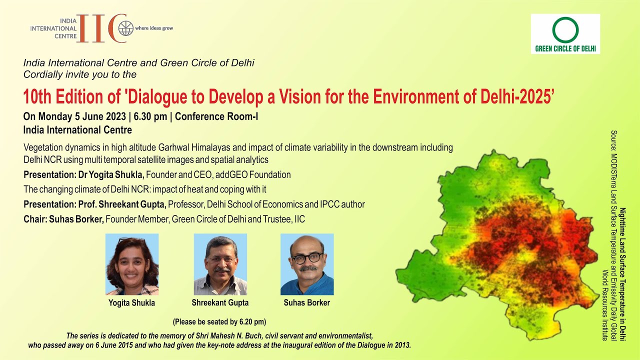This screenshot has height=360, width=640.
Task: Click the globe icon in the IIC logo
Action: coord(126,28)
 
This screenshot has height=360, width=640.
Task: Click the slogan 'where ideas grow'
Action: coord(154,28)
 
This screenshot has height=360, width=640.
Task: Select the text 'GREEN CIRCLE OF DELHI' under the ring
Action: coord(565,48)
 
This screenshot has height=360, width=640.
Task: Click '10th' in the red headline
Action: coord(37,97)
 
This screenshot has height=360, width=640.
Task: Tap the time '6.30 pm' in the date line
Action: coord(150,116)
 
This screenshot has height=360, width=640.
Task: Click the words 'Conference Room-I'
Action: coord(216,116)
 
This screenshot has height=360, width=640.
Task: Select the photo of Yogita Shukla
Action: coord(132,264)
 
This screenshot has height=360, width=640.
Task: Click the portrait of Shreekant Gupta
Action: coord(220,264)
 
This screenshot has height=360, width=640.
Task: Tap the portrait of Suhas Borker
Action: coord(307,264)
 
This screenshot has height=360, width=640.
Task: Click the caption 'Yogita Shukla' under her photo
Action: coord(131,303)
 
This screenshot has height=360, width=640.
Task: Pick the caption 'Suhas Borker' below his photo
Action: coord(307,302)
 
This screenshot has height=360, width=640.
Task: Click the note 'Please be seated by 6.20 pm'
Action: coord(219,322)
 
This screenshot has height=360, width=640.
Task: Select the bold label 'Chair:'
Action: coord(35,219)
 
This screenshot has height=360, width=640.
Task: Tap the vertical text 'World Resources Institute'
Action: coord(604,305)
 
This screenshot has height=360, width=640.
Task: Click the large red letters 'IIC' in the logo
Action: coord(101,28)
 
